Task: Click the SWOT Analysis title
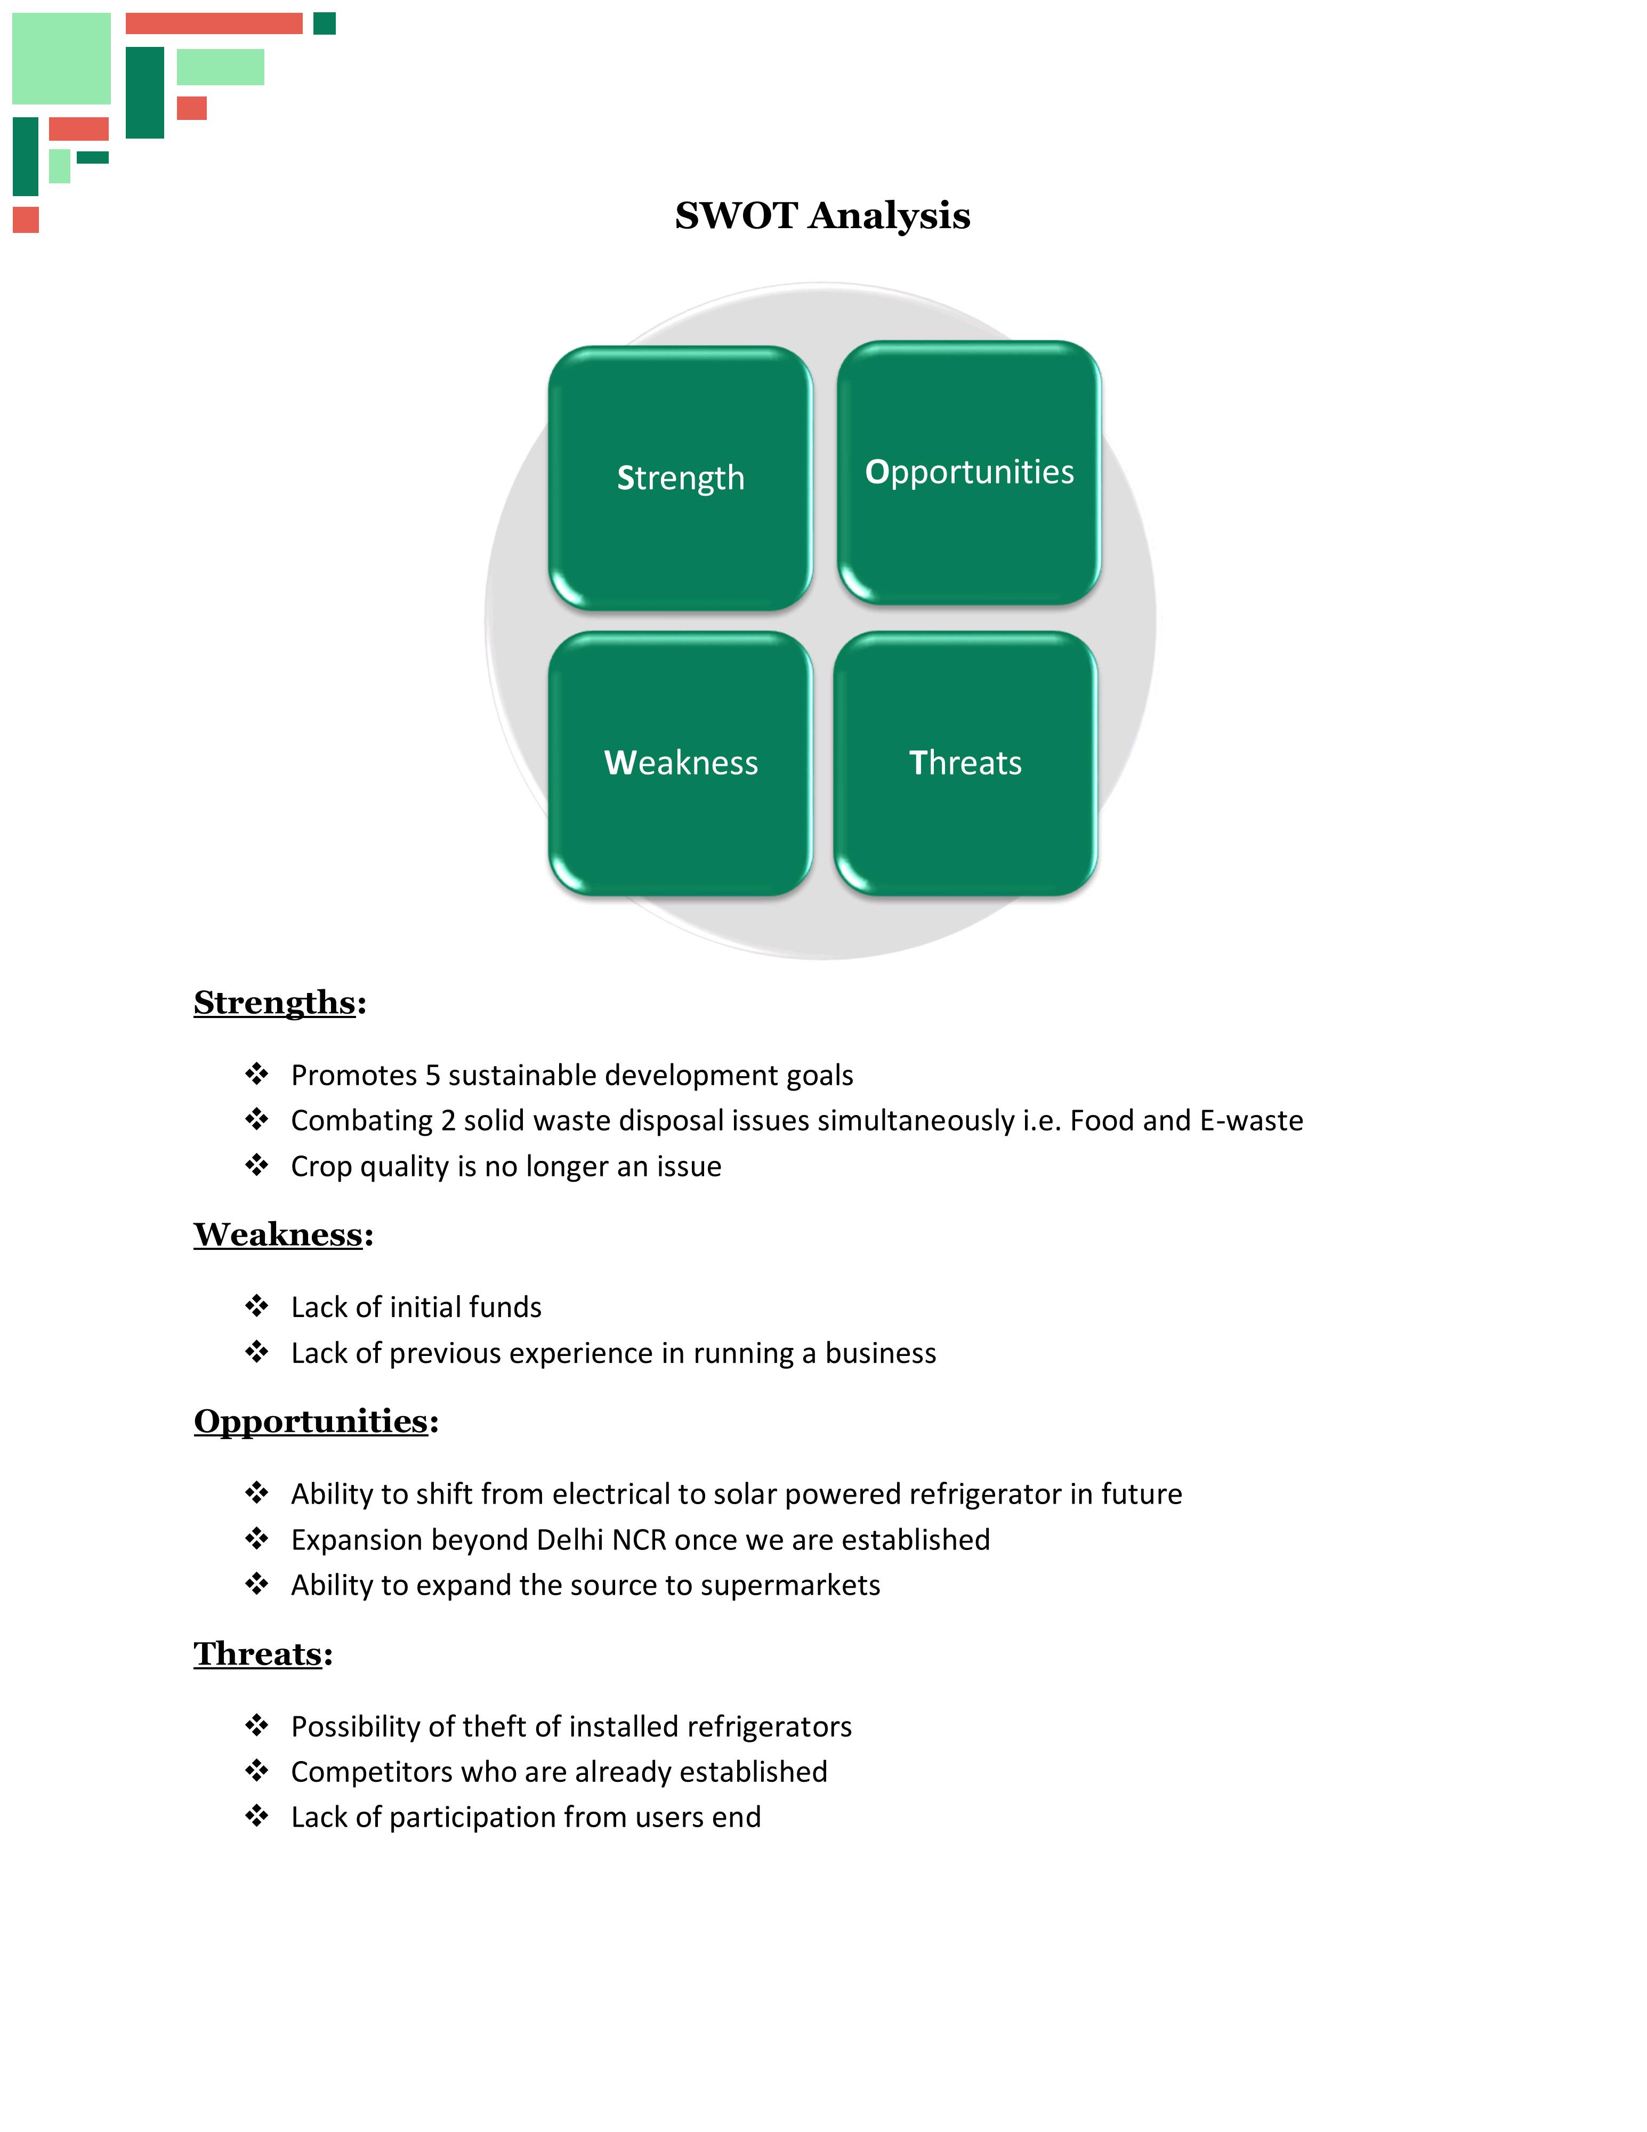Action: (x=822, y=216)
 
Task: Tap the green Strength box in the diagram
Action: (x=681, y=478)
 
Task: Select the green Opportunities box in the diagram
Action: (x=968, y=472)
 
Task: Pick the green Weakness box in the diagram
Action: (x=681, y=762)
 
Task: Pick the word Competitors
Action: (x=369, y=1772)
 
